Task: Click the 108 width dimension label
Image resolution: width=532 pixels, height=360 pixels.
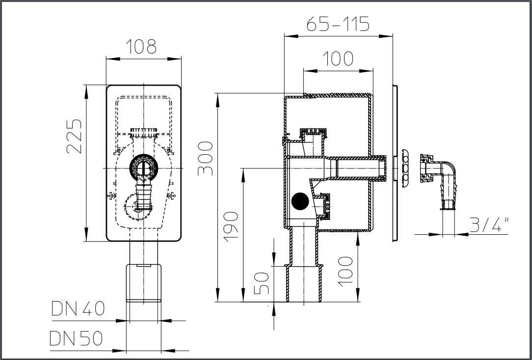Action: [x=141, y=47]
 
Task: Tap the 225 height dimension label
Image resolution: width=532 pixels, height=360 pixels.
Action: [x=74, y=136]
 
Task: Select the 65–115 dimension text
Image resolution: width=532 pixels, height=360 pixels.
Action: [x=338, y=24]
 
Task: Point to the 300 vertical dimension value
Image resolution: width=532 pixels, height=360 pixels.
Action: [x=205, y=158]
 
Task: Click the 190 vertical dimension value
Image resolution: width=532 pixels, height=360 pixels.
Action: [x=231, y=226]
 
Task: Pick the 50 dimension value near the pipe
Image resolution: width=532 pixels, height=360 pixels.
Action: [x=262, y=283]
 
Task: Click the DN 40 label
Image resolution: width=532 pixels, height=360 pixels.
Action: [x=78, y=309]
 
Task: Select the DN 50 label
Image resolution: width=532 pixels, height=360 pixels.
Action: [x=76, y=338]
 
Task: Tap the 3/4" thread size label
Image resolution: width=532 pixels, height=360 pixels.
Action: [x=489, y=224]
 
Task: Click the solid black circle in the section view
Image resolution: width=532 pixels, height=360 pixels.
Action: [x=300, y=201]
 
